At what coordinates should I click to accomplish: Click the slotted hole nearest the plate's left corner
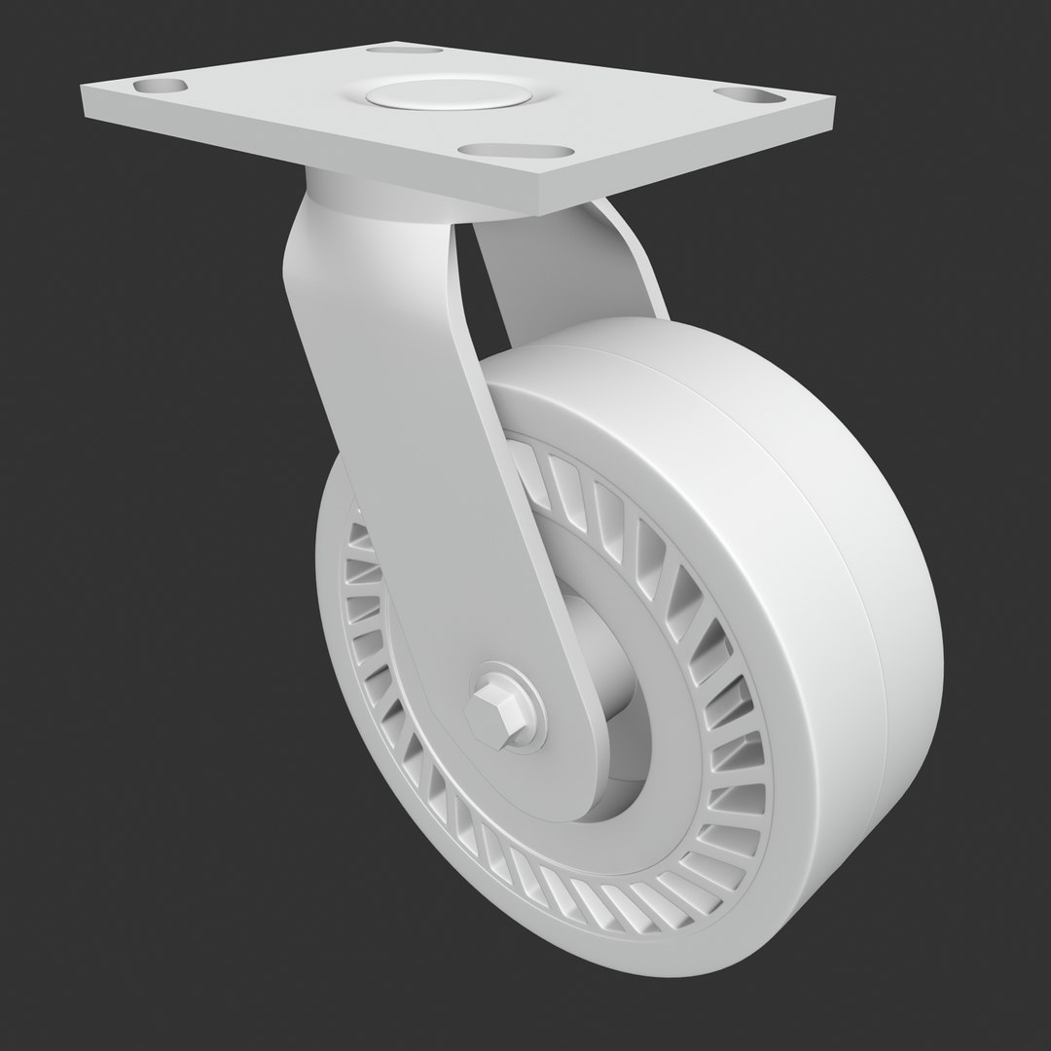pyautogui.click(x=163, y=87)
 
